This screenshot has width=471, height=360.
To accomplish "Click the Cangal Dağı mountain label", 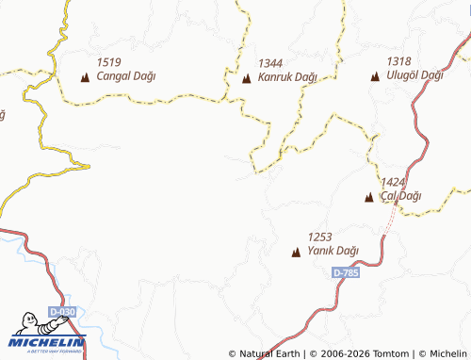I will point(126,76).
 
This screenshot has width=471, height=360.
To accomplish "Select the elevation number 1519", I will point(108,61).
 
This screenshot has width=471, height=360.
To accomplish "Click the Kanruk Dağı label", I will point(287,78).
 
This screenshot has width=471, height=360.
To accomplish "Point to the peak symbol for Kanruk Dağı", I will point(247,79).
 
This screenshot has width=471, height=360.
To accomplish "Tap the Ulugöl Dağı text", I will point(414,75).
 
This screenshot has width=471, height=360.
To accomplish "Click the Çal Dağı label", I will point(400,196).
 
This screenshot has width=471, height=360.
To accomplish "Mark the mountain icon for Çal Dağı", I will point(369,197).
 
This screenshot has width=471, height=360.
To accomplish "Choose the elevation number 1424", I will point(393,182).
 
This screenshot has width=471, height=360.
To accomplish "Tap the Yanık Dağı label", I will point(334,251).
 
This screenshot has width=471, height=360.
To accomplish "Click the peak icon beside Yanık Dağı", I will point(296,252).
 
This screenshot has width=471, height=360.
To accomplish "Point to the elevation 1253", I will point(319,237).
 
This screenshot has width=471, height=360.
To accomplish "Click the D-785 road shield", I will point(346,272).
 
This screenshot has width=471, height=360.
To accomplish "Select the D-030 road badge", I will point(62,311).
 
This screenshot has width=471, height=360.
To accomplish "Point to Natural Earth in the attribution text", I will point(268,353).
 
